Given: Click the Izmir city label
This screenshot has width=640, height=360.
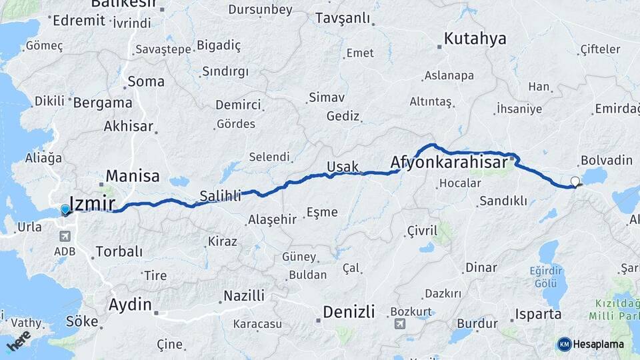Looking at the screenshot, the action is click(x=93, y=204).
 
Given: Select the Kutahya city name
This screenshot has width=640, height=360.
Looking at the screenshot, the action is click(x=475, y=39).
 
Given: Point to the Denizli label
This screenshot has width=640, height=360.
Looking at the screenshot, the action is click(x=349, y=311).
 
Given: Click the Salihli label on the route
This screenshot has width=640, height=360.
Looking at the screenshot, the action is click(x=221, y=195).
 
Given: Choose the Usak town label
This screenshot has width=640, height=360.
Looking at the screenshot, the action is click(x=343, y=167).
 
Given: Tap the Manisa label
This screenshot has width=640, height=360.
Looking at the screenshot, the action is click(x=133, y=176).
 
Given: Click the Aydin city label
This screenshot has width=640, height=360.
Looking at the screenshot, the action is click(x=130, y=305).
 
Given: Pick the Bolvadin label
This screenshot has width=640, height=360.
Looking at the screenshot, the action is click(x=605, y=161).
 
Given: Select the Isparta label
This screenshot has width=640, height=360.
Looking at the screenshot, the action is click(x=538, y=313).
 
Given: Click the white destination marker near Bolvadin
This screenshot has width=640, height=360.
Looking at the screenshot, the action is click(x=575, y=181).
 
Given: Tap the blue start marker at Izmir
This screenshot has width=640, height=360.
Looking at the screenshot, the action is click(x=65, y=210).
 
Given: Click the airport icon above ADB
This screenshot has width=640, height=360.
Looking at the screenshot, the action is click(x=65, y=236).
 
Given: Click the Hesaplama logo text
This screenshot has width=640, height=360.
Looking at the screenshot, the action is click(x=599, y=344).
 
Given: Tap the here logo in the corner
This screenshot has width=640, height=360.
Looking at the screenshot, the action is click(x=19, y=341).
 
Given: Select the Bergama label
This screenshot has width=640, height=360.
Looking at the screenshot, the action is click(x=103, y=103).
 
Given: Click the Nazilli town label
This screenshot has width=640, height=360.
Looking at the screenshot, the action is click(x=244, y=295).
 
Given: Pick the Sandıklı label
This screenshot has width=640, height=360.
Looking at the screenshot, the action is click(x=503, y=201).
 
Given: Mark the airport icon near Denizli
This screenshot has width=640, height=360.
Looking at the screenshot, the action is click(x=399, y=324).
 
